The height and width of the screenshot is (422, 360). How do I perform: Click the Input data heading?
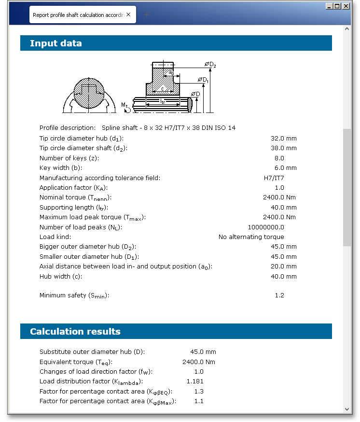point(56,43)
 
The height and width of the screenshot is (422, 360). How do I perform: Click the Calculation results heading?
point(75,332)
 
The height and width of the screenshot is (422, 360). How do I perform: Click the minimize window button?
point(329,6)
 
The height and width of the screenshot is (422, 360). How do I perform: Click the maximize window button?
point(338,6)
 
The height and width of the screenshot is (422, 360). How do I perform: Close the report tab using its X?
point(128,15)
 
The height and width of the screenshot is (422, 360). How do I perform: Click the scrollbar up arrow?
point(347,29)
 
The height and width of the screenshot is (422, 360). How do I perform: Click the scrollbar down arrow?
point(347,408)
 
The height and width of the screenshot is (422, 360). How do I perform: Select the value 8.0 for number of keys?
point(279,158)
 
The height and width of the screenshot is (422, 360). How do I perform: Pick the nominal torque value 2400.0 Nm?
point(279,197)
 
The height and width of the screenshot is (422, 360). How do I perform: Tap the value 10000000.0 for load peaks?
point(266,227)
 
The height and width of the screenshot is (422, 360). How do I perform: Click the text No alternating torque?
point(251,237)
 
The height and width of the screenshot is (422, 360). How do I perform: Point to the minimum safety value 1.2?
point(279,295)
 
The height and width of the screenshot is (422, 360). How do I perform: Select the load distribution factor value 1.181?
point(195,381)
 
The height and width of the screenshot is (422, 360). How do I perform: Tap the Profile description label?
point(68,128)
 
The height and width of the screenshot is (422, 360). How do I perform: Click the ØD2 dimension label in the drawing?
point(210,65)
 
